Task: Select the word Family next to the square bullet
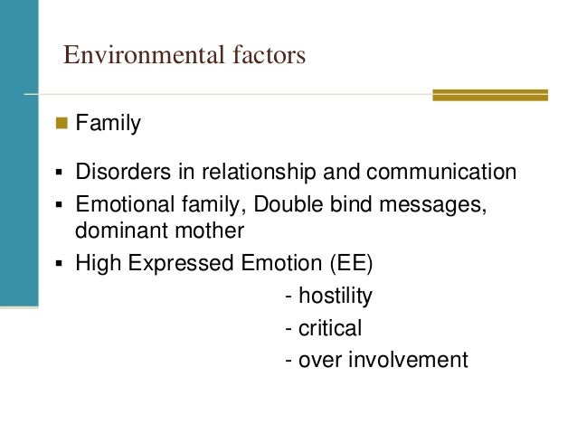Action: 108,123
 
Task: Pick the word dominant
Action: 113,231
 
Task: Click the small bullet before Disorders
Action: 59,173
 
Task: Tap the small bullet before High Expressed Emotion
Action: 59,265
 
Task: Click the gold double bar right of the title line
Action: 489,94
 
